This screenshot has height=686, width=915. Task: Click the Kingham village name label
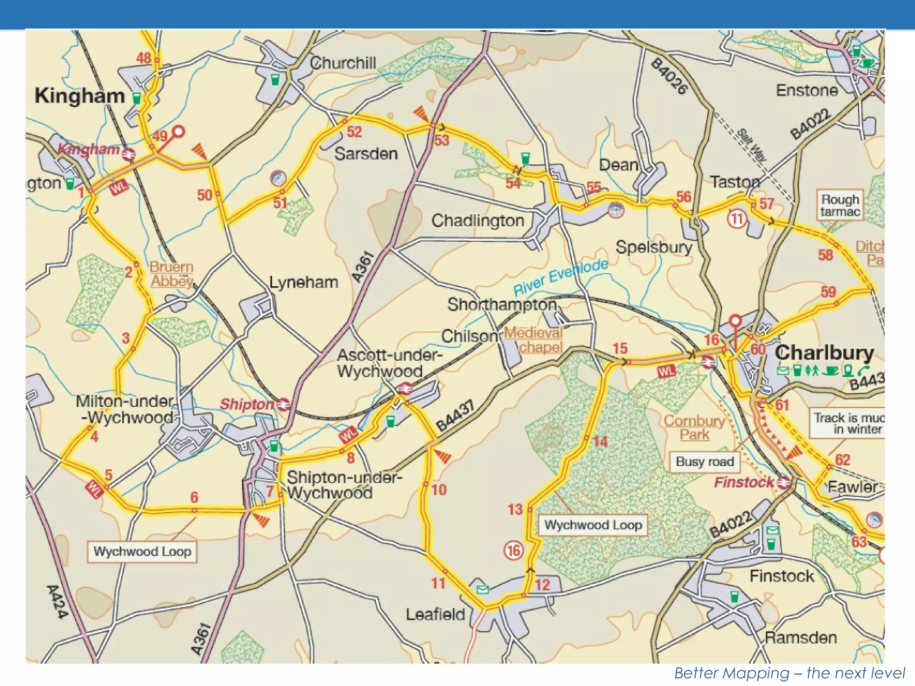coord(80,96)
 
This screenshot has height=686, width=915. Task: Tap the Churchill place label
coord(343,63)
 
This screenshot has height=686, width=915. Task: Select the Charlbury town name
coord(824,353)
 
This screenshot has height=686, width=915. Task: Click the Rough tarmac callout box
coord(839,205)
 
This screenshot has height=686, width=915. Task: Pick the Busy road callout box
coord(705,461)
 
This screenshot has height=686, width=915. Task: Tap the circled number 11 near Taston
coord(737,219)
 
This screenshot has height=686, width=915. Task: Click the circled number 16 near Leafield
coord(513,550)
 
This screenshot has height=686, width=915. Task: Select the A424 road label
coord(57,602)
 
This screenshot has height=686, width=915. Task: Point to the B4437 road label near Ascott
coord(455,416)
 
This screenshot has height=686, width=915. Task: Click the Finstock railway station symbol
coord(783,482)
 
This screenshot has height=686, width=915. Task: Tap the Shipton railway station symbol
coord(283,405)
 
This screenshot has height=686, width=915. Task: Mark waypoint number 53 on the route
coord(441,140)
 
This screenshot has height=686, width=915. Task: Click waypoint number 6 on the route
coord(194,497)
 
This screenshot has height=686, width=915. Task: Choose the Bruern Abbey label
coord(171,274)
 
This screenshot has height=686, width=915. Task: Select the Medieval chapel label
coord(533,340)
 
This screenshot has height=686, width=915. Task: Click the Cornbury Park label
coord(694,427)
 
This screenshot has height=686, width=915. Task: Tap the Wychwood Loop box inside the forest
coord(593,525)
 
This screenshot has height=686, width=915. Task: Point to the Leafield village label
coord(435,615)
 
